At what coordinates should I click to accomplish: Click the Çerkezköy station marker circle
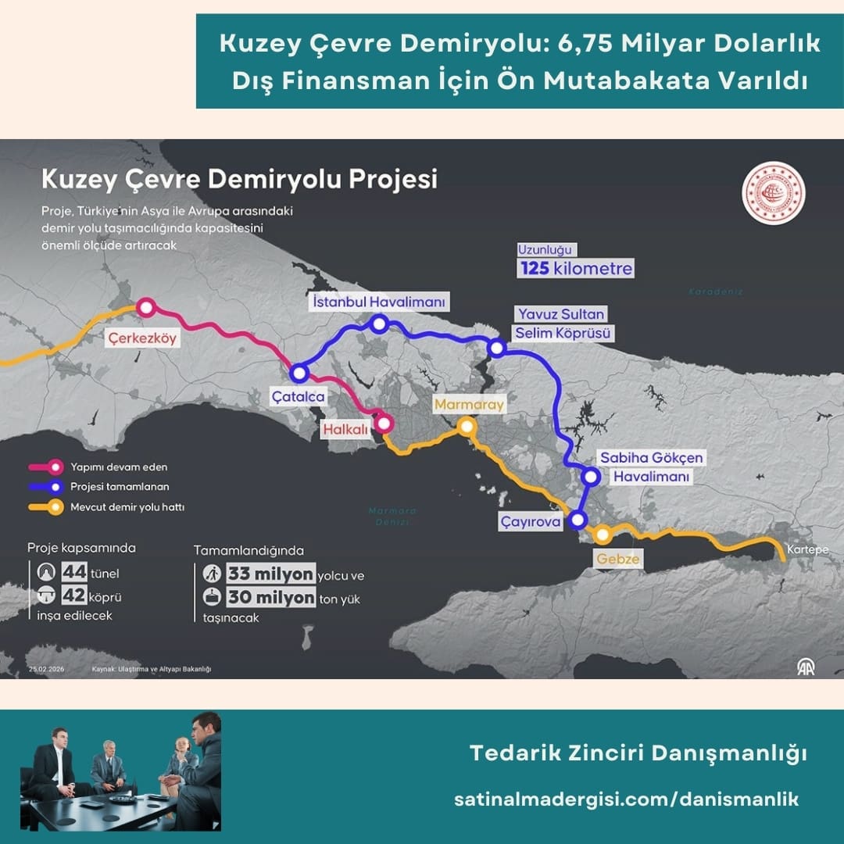coord(145,307)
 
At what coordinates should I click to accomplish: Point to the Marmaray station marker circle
coord(467,427)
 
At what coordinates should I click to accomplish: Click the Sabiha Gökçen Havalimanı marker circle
coord(591,475)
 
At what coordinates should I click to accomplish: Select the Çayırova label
coord(531,521)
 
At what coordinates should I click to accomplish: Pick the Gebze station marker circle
coord(603,535)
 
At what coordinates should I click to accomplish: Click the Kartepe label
coord(807,549)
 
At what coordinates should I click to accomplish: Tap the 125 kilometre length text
coord(575,269)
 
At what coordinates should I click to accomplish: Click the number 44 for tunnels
coord(73,573)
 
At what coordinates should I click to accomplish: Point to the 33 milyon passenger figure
coord(270,574)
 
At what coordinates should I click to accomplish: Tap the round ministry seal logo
coord(774,193)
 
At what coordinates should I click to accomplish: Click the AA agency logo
coord(805,666)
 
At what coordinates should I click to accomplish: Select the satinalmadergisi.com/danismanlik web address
coord(626,799)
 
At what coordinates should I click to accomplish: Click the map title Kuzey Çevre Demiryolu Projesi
coord(239,179)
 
